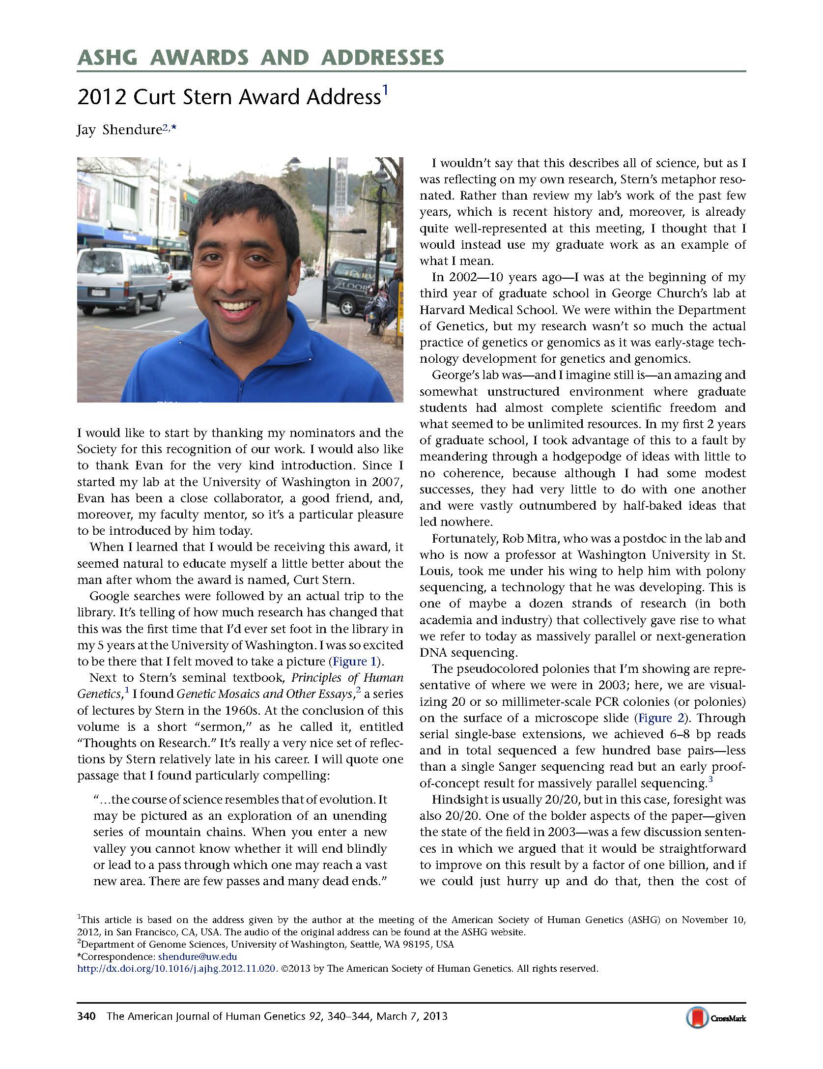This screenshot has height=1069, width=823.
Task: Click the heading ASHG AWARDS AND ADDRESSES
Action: click(x=260, y=58)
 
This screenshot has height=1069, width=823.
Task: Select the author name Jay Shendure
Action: click(x=119, y=131)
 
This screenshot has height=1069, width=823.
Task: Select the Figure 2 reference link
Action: click(x=660, y=718)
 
